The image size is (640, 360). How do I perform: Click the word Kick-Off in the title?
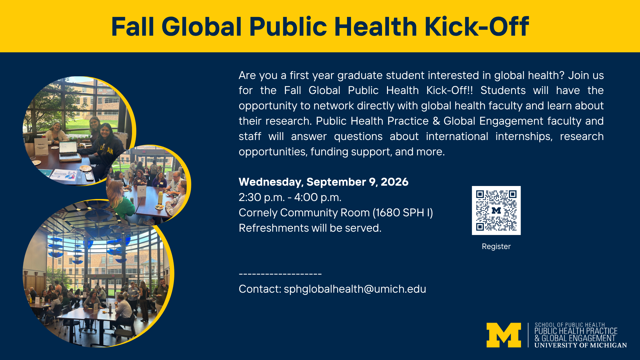[x=477, y=26]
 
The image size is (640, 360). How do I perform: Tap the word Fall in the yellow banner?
[x=132, y=26]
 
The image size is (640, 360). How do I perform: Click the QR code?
[x=496, y=210]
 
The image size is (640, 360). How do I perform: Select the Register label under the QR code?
[x=496, y=247]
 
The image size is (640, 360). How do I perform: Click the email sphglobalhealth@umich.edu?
[x=355, y=289]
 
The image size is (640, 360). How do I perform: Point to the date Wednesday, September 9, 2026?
[x=323, y=182]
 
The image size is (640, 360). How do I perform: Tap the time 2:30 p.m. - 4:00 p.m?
[x=290, y=197]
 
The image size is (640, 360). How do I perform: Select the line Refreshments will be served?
[x=310, y=228]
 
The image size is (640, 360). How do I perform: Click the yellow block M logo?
[x=504, y=335]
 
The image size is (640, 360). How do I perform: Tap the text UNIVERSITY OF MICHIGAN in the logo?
[x=581, y=345]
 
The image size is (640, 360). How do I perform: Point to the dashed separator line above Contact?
[x=280, y=274]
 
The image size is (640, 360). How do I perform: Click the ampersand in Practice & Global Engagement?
[x=436, y=121]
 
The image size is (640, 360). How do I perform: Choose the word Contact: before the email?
[x=260, y=289]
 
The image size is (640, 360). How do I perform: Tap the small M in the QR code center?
[x=496, y=210]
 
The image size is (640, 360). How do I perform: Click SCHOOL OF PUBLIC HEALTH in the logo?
[x=570, y=325]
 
